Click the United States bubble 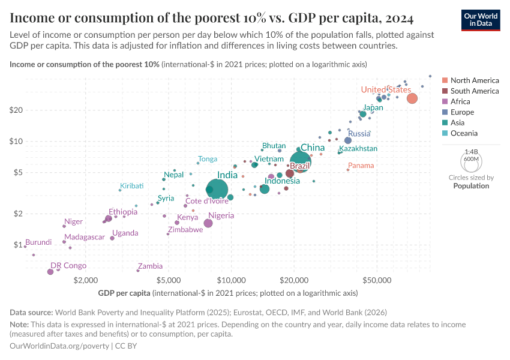412,98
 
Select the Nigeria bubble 208,223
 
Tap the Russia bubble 348,140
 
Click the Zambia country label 150,266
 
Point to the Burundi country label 38,242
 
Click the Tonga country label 208,159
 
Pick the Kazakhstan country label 358,148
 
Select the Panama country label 361,165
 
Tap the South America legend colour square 445,91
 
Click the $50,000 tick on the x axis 377,280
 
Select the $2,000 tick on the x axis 86,280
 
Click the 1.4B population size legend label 470,152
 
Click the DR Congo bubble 50,272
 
